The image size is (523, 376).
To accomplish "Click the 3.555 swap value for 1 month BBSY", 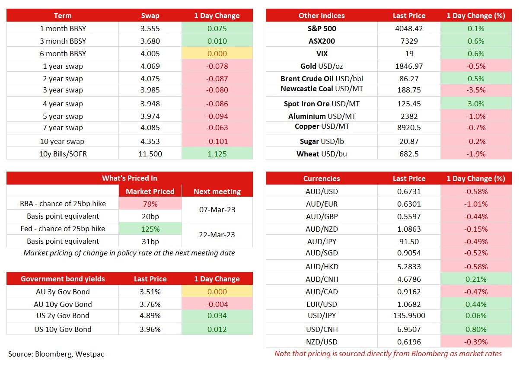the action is click(150, 29).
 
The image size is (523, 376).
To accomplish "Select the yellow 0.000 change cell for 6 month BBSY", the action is click(217, 54).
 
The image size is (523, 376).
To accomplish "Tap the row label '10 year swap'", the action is click(62, 141).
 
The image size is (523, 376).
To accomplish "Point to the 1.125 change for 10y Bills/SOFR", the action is click(217, 154).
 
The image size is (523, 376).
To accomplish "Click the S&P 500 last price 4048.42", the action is click(409, 29).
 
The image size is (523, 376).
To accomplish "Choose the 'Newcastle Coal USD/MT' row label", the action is click(322, 89).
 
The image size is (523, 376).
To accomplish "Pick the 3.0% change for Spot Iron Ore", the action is click(476, 104).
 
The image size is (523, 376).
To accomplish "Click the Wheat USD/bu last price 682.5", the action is click(409, 154).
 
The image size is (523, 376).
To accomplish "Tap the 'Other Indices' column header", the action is click(322, 16).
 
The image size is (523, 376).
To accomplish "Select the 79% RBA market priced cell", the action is click(150, 204).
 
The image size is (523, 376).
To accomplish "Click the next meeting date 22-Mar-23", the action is click(217, 235).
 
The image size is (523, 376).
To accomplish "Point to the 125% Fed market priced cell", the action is click(150, 229).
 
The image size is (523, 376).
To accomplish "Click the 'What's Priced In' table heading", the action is click(130, 178).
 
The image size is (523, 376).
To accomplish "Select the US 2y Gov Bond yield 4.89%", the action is click(150, 315).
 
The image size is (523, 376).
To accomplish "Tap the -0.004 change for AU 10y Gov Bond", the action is click(217, 304).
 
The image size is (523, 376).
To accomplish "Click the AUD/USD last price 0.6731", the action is click(409, 191).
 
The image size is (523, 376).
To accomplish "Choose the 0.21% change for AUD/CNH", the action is click(476, 279).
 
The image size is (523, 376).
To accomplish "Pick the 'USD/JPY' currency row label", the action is click(322, 315).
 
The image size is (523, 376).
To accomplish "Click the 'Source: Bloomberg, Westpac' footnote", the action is click(56, 354).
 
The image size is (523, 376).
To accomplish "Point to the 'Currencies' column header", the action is click(322, 178).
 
